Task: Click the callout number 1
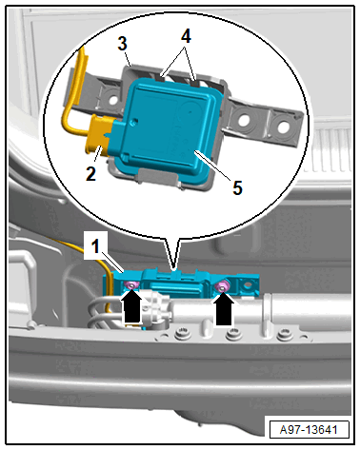[95, 245]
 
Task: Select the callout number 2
[90, 174]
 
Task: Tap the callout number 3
[123, 43]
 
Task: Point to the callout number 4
[186, 36]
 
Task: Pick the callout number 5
[237, 187]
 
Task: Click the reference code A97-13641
[309, 430]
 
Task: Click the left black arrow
[131, 307]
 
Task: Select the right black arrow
[224, 309]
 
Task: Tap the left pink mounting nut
[131, 285]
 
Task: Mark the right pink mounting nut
[222, 287]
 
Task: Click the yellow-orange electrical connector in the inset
[99, 135]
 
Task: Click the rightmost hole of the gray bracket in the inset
[282, 127]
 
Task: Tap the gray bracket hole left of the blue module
[112, 98]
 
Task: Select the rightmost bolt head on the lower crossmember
[284, 335]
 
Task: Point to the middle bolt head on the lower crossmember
[233, 334]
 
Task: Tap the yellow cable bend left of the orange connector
[68, 124]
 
